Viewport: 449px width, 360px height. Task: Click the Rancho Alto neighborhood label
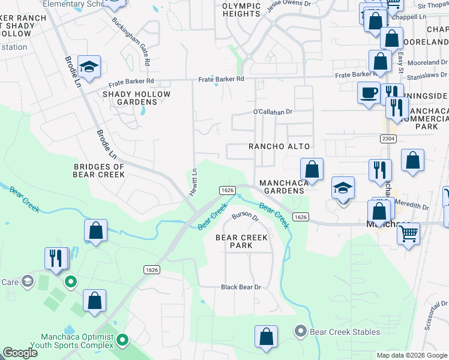point(279,146)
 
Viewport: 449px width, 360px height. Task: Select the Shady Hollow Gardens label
point(136,98)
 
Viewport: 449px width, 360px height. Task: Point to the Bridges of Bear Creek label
point(98,170)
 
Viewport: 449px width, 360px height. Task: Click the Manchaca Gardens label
point(282,187)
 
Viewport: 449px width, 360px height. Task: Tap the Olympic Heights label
point(241,10)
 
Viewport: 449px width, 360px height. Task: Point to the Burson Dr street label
point(245,215)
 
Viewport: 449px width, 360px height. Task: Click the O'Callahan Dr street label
point(272,112)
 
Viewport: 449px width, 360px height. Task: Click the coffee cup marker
point(368,93)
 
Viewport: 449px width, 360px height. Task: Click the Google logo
point(20,353)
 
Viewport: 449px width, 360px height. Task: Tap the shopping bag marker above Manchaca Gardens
point(312,169)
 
